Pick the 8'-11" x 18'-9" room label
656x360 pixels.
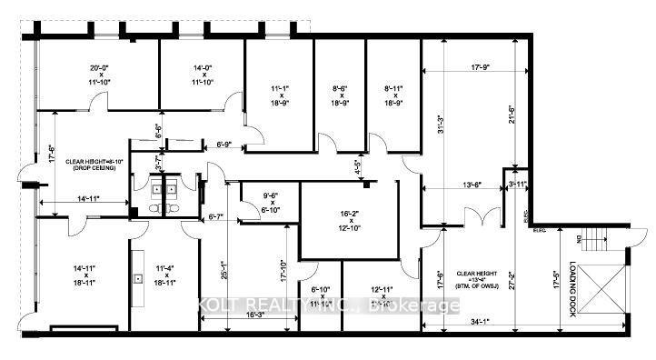[x=392, y=95]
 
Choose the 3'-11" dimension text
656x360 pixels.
[x=517, y=185]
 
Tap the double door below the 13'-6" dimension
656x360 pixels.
[x=478, y=219]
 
